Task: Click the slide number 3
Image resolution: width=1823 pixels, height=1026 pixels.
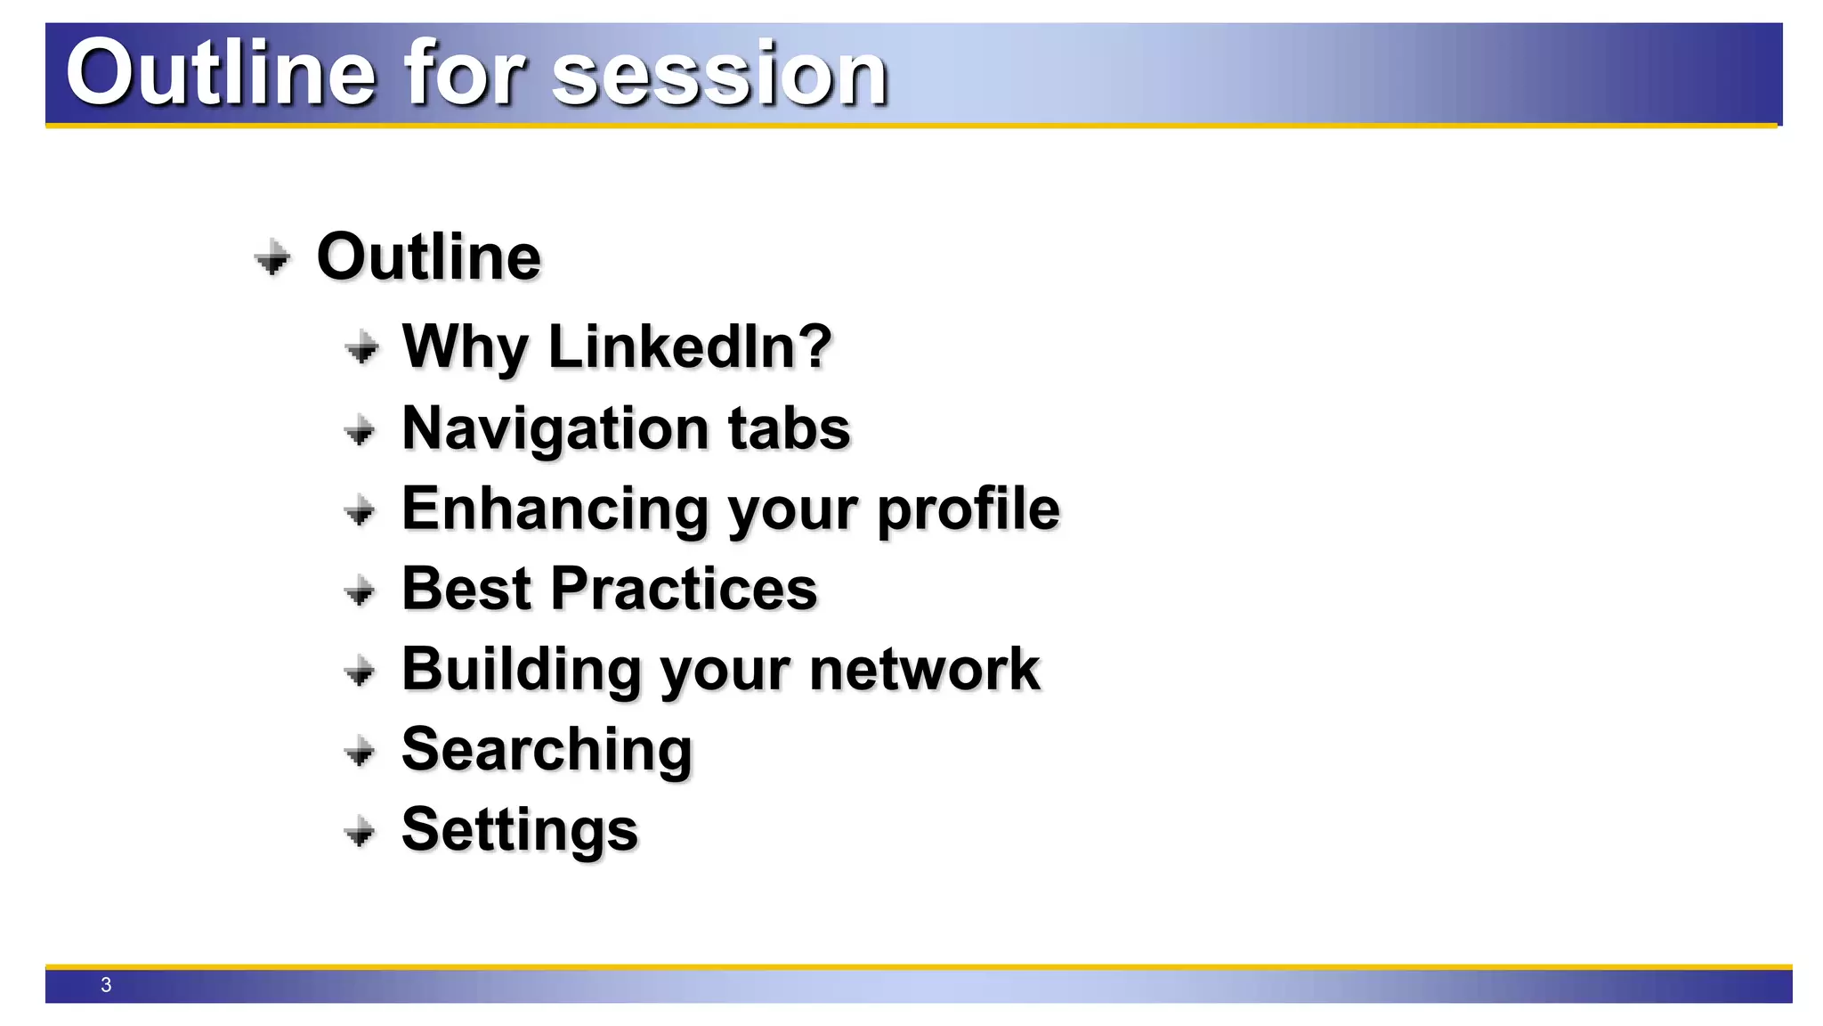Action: [x=106, y=985]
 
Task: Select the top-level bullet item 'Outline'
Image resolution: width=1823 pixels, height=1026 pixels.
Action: [x=428, y=257]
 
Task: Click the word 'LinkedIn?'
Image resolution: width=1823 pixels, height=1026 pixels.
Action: [x=690, y=346]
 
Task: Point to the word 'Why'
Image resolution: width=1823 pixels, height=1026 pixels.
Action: [x=465, y=347]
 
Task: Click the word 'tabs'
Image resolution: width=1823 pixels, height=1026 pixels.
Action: [x=789, y=428]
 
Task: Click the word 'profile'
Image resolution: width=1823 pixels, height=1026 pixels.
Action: [x=968, y=509]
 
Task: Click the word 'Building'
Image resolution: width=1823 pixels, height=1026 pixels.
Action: [x=522, y=670]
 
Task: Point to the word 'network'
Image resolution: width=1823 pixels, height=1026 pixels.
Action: [x=924, y=670]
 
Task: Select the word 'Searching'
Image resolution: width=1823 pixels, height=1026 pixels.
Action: [x=547, y=750]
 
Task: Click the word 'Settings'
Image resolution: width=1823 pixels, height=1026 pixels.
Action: [x=520, y=830]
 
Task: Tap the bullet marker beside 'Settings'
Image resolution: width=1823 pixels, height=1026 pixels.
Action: [x=361, y=832]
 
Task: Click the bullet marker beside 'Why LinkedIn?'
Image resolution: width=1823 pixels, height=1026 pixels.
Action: [x=361, y=348]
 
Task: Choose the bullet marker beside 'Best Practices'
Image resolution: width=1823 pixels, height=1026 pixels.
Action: [x=361, y=590]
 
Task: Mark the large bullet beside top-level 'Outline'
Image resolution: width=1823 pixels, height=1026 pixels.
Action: [x=272, y=259]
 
